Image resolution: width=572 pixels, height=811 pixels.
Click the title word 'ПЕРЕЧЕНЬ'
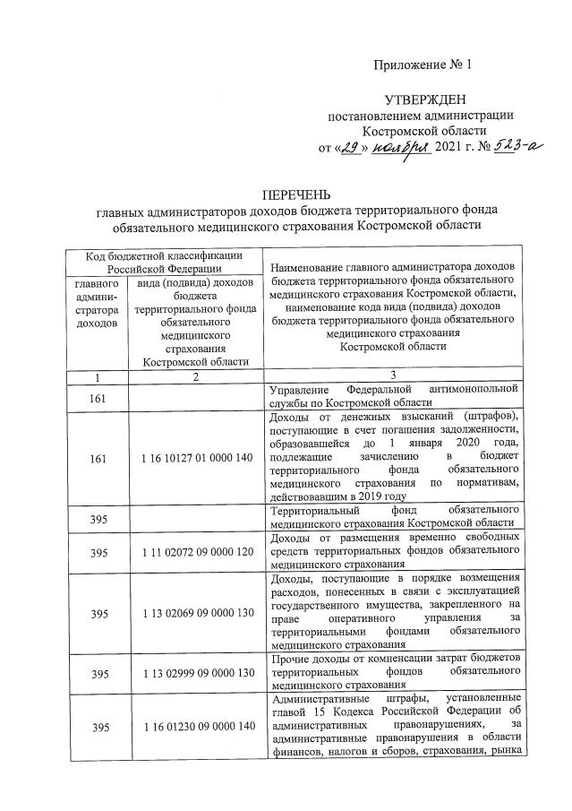tap(295, 194)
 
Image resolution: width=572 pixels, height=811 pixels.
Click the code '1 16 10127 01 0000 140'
tap(194, 459)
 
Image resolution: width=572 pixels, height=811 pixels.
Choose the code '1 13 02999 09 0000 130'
tap(194, 674)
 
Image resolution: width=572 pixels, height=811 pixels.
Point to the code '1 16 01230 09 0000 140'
tap(194, 729)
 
